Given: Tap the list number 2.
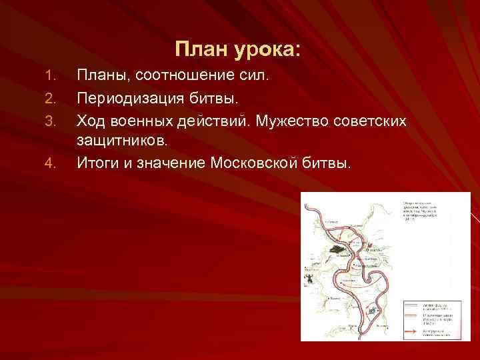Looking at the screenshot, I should (x=47, y=99).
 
